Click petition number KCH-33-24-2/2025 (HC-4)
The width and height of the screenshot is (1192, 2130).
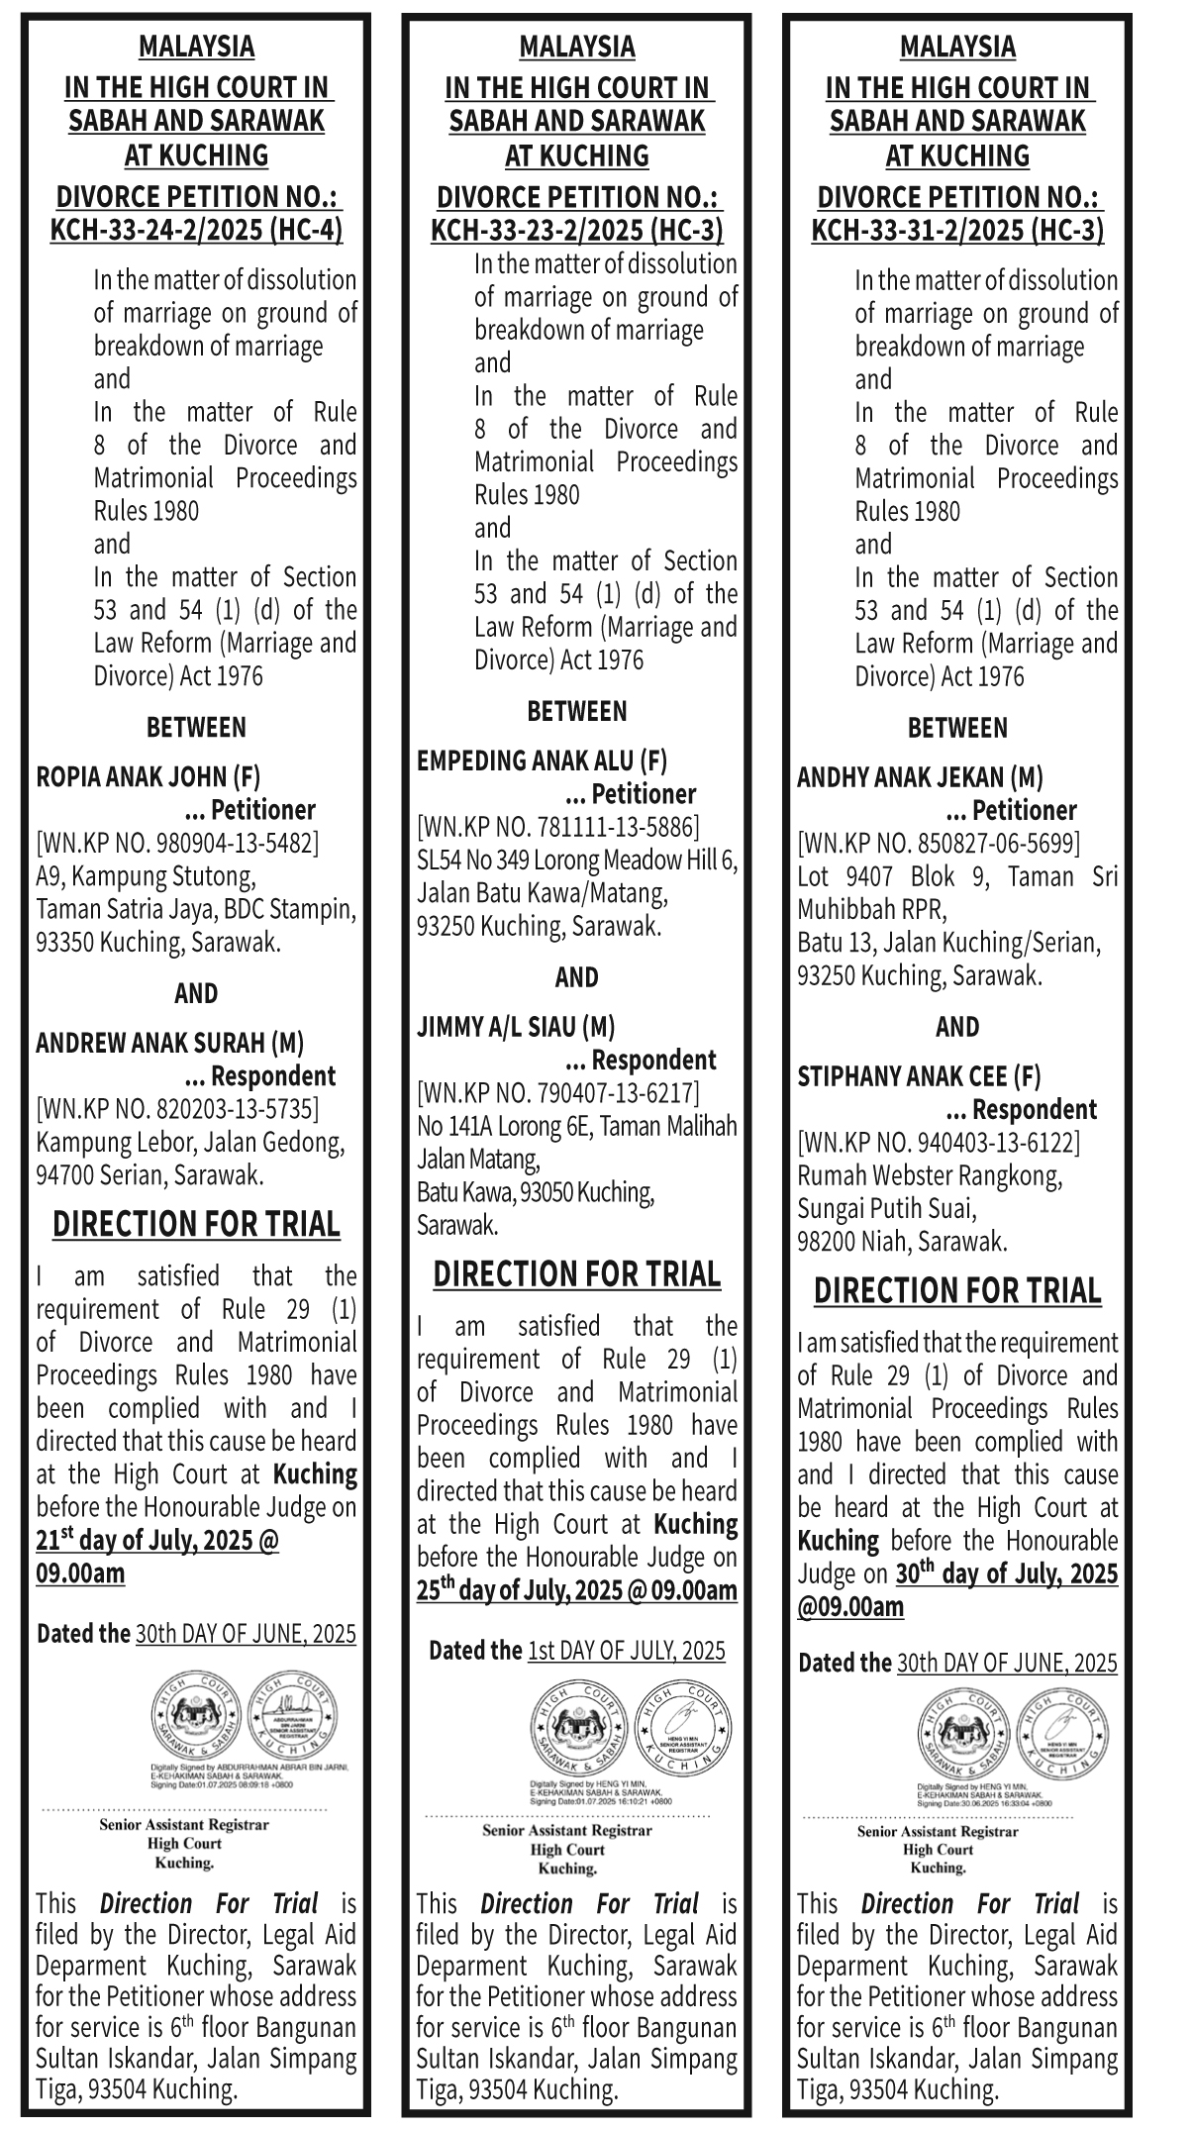196,232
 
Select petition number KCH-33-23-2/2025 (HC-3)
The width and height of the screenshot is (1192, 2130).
577,232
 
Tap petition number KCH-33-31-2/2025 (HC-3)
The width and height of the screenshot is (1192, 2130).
957,232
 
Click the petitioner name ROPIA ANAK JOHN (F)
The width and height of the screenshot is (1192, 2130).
149,776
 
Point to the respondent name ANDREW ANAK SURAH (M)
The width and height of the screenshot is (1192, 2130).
169,1043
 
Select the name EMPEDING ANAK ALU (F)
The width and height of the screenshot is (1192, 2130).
542,761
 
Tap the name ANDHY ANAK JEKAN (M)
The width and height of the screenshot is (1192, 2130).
920,777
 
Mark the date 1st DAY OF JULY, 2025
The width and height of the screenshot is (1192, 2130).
626,1651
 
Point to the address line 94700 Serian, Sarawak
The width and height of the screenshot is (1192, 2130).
149,1175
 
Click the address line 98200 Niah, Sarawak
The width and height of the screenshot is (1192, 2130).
902,1242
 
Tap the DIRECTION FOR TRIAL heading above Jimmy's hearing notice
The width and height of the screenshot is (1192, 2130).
577,1274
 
